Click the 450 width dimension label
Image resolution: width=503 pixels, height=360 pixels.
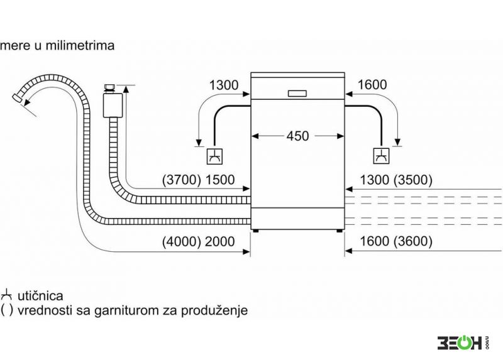pos(297,136)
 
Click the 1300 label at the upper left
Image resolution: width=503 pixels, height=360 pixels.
pos(224,85)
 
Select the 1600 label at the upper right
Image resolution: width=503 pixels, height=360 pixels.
pos(372,85)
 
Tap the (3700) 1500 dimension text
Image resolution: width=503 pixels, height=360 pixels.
pos(198,180)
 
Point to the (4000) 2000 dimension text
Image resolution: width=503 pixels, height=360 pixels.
pos(198,241)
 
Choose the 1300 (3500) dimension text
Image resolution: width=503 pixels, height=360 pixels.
pos(396,180)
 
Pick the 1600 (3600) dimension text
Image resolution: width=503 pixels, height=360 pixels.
pos(396,241)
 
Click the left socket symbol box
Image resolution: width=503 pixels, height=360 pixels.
pos(214,156)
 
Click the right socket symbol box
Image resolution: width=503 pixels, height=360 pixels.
pos(382,156)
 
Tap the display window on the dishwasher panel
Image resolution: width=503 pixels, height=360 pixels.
pos(297,94)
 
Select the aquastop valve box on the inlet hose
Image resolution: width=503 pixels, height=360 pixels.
pos(113,105)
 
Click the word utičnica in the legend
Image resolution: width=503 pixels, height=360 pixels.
pos(40,295)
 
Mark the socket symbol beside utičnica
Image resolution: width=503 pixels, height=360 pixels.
pos(7,295)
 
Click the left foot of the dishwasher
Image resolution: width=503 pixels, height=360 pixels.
pos(256,231)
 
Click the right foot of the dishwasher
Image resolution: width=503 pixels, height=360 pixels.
pos(340,231)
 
